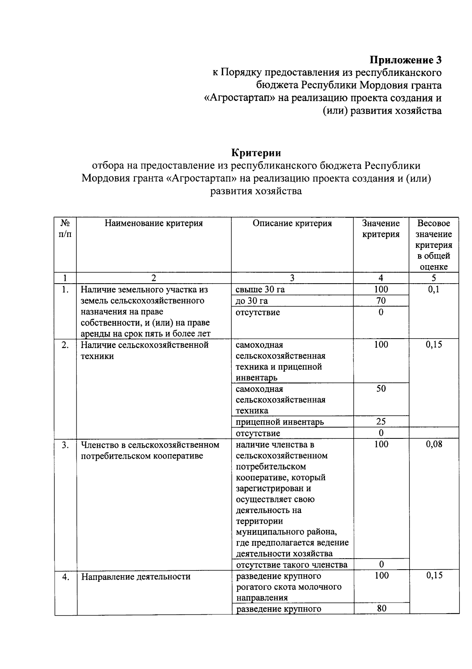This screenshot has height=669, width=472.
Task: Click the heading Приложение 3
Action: pos(405,60)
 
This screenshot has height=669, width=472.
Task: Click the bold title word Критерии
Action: pos(256,152)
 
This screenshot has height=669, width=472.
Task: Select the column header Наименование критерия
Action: pos(153,224)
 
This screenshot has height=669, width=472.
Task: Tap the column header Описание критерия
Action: pos(292,224)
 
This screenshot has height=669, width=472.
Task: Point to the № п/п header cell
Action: pos(65,229)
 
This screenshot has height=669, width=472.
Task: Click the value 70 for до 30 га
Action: pos(381,301)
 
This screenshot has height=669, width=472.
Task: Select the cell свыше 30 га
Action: pos(260,290)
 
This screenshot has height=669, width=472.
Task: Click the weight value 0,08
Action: pos(434,444)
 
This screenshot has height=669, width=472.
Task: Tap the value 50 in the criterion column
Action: pos(381,389)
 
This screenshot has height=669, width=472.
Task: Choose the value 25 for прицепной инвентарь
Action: pos(381,422)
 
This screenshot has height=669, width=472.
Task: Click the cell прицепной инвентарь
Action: pos(280,422)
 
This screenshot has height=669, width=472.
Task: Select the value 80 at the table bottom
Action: pos(381,609)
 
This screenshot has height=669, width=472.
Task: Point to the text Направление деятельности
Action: pos(136,577)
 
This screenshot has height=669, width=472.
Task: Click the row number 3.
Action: pos(66,445)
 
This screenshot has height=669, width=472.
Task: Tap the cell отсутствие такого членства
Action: pos(291,565)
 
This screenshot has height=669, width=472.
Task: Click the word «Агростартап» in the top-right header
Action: pos(240,98)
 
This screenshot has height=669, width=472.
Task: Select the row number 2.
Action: pos(66,345)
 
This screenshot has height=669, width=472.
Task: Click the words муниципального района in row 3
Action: pos(286,532)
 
